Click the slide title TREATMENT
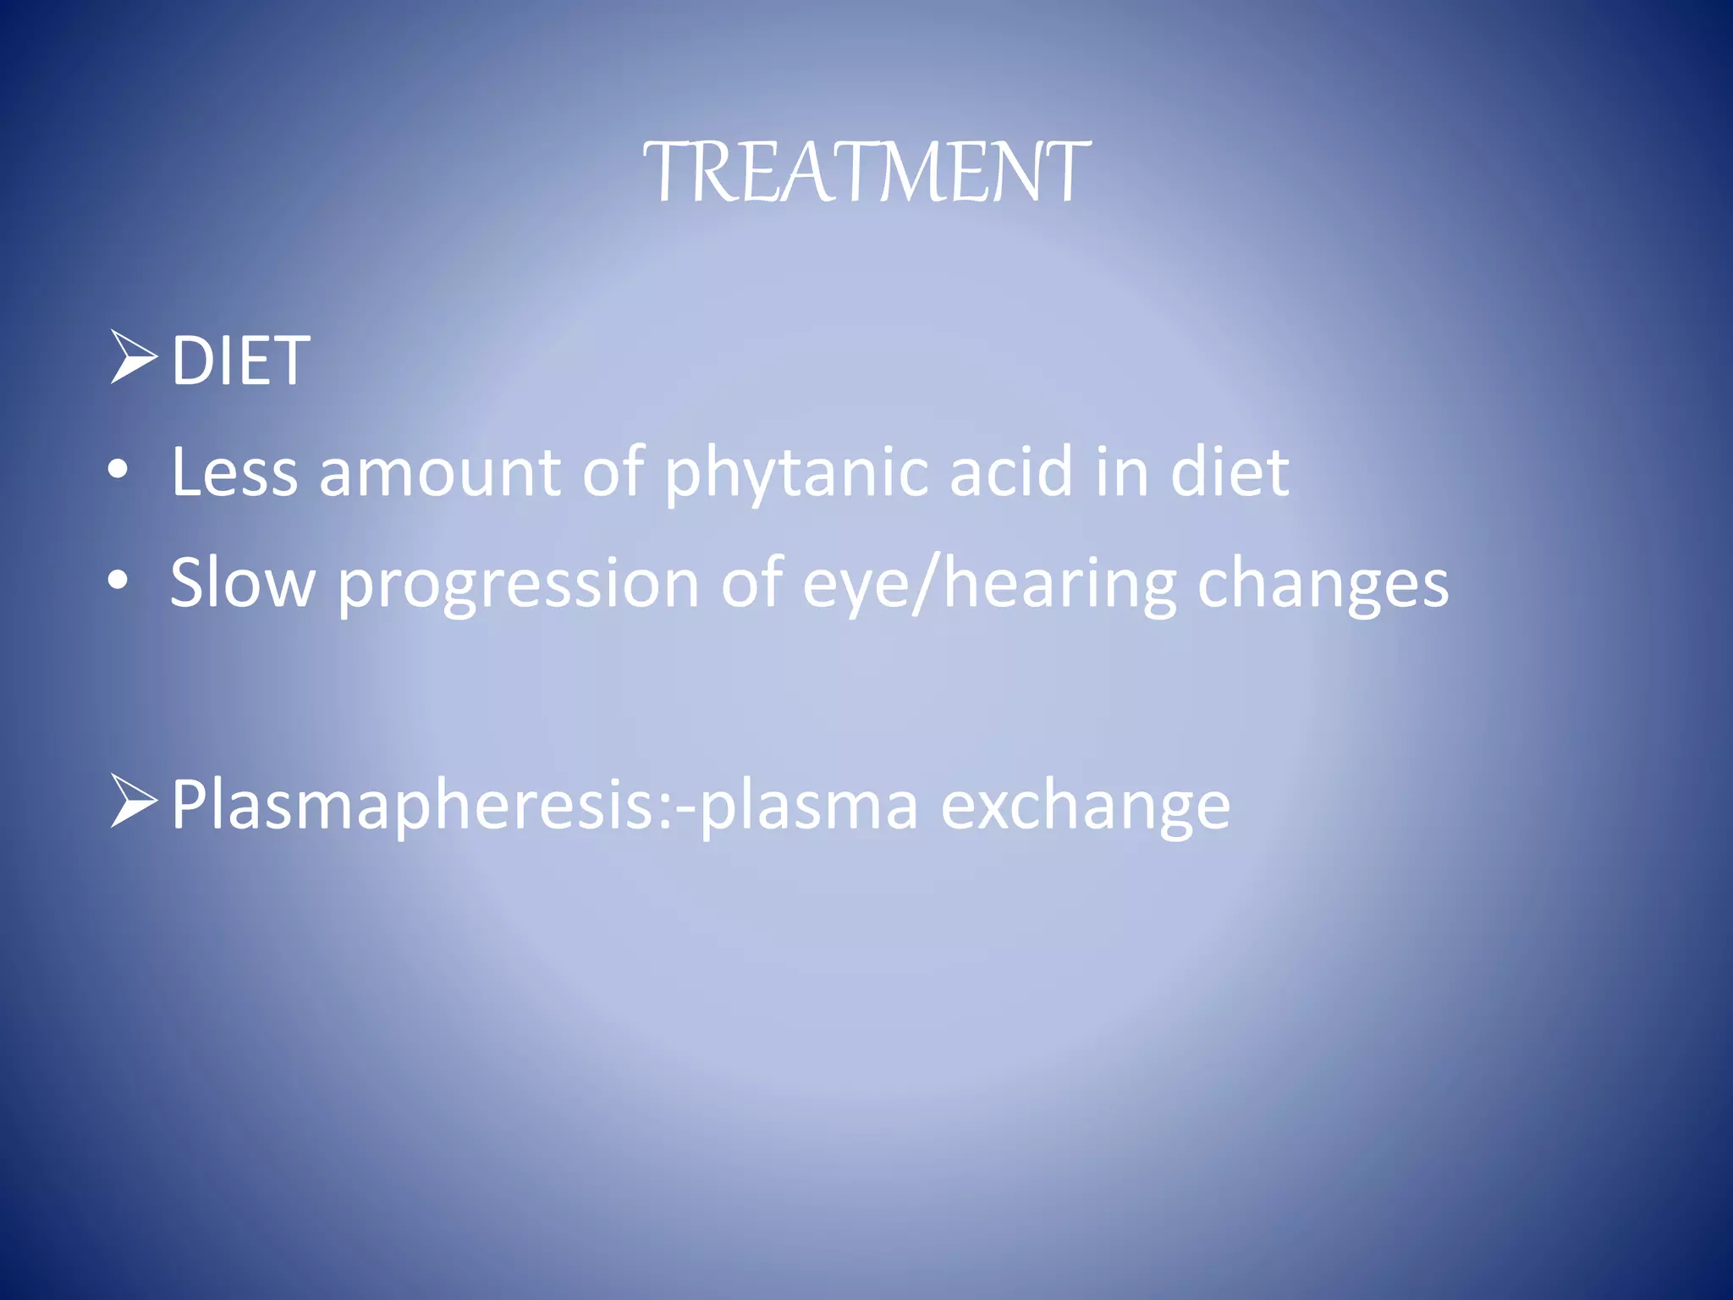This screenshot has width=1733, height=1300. [866, 173]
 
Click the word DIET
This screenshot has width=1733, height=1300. [240, 361]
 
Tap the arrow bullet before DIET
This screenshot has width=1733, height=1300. [134, 357]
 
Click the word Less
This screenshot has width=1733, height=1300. [234, 472]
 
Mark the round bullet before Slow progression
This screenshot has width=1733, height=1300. [118, 581]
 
